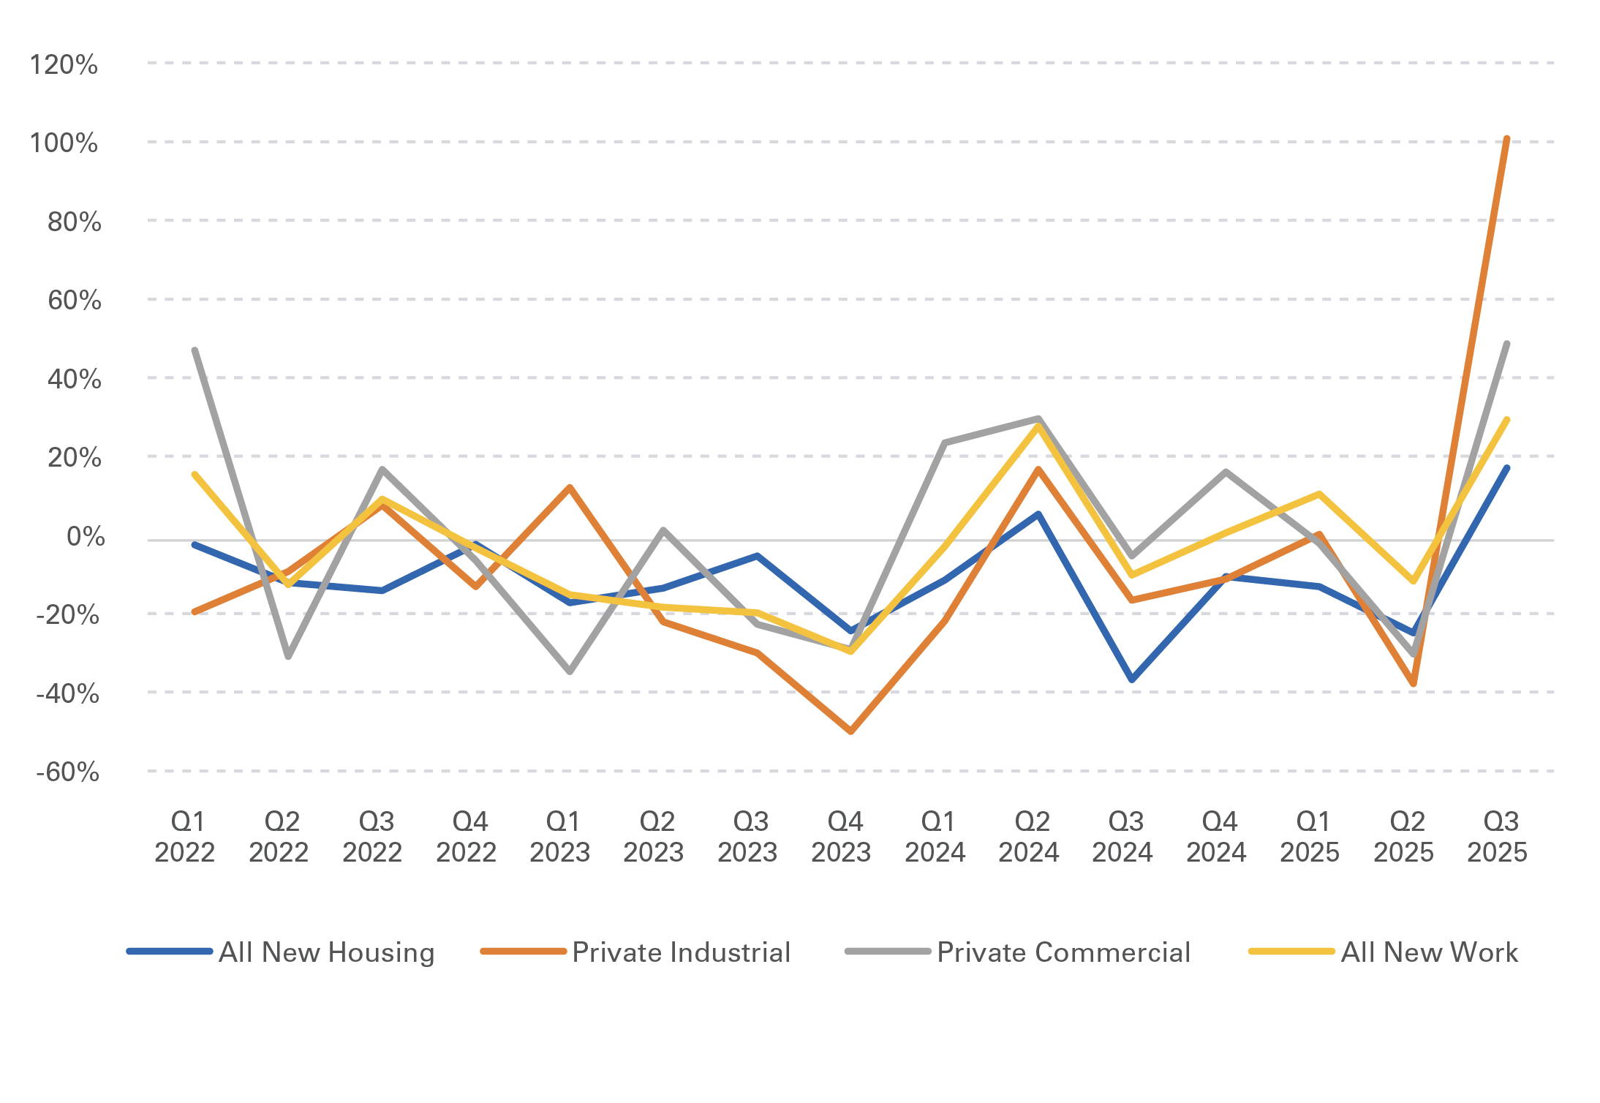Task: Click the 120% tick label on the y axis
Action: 64,65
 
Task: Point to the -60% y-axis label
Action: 68,772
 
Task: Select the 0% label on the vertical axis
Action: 86,537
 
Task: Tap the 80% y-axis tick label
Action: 74,222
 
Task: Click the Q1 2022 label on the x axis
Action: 185,837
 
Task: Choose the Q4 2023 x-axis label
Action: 842,837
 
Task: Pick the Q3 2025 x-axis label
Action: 1498,837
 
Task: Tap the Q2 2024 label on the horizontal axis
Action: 1029,837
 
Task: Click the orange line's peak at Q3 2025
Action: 1507,138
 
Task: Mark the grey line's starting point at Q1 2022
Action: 195,350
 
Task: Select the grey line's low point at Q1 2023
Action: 570,671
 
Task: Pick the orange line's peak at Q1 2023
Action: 570,487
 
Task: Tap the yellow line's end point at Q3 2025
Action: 1507,420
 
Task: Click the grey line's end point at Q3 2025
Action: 1507,343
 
